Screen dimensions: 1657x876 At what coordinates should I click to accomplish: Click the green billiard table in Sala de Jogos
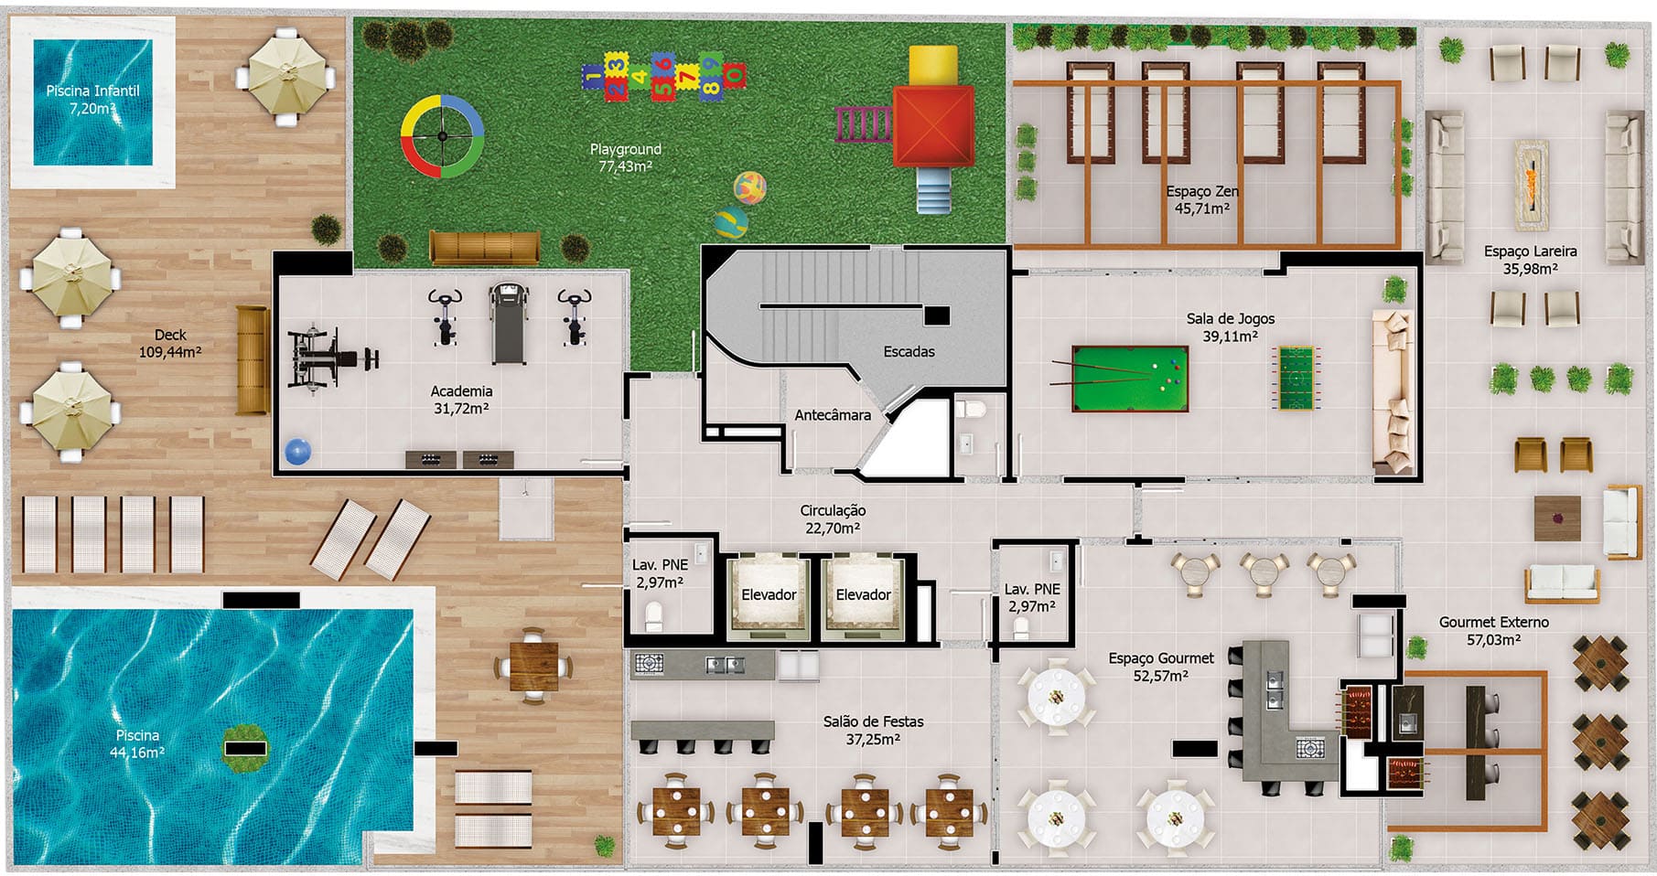1130,378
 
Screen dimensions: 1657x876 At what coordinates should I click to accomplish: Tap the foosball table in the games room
1294,377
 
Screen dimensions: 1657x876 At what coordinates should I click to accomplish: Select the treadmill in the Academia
509,323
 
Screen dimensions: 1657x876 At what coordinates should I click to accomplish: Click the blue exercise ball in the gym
298,452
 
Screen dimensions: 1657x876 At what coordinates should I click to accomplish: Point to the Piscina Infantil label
93,91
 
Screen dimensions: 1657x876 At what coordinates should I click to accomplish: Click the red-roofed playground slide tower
933,125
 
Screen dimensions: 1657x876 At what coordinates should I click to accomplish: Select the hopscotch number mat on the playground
663,75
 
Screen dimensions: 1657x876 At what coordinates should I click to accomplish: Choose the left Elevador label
769,594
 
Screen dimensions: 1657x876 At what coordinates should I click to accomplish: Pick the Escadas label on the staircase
909,351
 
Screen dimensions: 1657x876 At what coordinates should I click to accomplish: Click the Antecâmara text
833,415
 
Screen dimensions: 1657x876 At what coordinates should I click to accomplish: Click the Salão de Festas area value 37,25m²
873,739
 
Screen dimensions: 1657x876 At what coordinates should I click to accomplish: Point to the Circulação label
833,511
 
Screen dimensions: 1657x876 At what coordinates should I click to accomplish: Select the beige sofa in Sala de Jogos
1393,391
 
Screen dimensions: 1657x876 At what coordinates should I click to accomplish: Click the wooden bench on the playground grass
484,248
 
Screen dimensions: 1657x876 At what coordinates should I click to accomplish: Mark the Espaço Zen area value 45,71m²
1201,208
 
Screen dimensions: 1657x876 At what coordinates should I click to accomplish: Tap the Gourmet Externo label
1493,622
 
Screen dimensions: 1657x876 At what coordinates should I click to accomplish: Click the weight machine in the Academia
329,358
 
